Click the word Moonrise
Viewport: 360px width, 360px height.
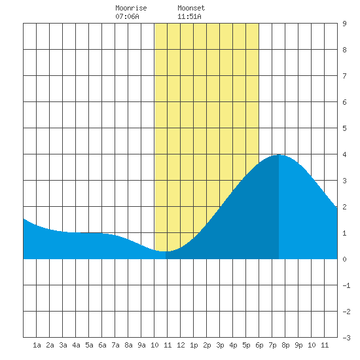click(x=131, y=9)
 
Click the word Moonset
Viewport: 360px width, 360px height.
click(x=191, y=9)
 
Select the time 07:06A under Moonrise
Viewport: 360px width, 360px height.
click(x=127, y=16)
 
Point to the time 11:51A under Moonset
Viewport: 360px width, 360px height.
click(x=189, y=16)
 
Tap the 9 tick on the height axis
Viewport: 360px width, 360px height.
click(x=344, y=24)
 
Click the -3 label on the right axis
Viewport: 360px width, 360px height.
click(x=346, y=338)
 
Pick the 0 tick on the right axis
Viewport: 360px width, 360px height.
click(x=344, y=259)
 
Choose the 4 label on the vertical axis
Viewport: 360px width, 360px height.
click(x=344, y=154)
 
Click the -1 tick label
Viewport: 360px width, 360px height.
click(x=346, y=285)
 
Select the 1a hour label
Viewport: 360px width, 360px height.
click(x=37, y=345)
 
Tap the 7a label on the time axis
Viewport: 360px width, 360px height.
click(x=115, y=345)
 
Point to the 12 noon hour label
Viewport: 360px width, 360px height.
click(x=181, y=345)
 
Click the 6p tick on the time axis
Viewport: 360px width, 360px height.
click(x=259, y=345)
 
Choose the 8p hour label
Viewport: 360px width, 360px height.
click(x=285, y=345)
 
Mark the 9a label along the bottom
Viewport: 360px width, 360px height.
click(x=141, y=345)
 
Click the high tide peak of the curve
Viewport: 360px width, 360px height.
click(x=279, y=155)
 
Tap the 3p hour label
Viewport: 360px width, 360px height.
click(x=220, y=345)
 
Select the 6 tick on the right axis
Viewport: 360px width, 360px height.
click(x=344, y=102)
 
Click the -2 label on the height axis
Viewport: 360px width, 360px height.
click(x=346, y=312)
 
